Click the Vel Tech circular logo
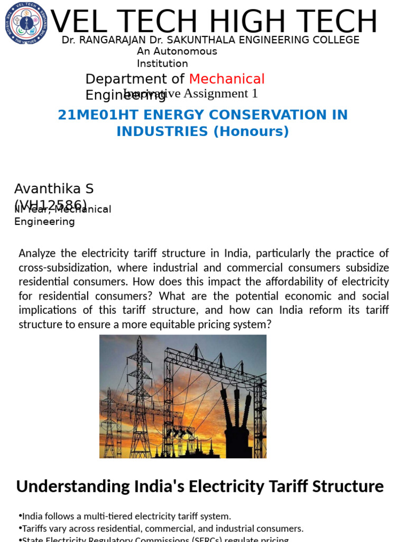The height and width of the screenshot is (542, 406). (26, 23)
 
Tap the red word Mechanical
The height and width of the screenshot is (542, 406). (227, 79)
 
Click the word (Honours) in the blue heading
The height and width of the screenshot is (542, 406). (251, 131)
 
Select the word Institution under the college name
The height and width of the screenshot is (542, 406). (162, 64)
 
